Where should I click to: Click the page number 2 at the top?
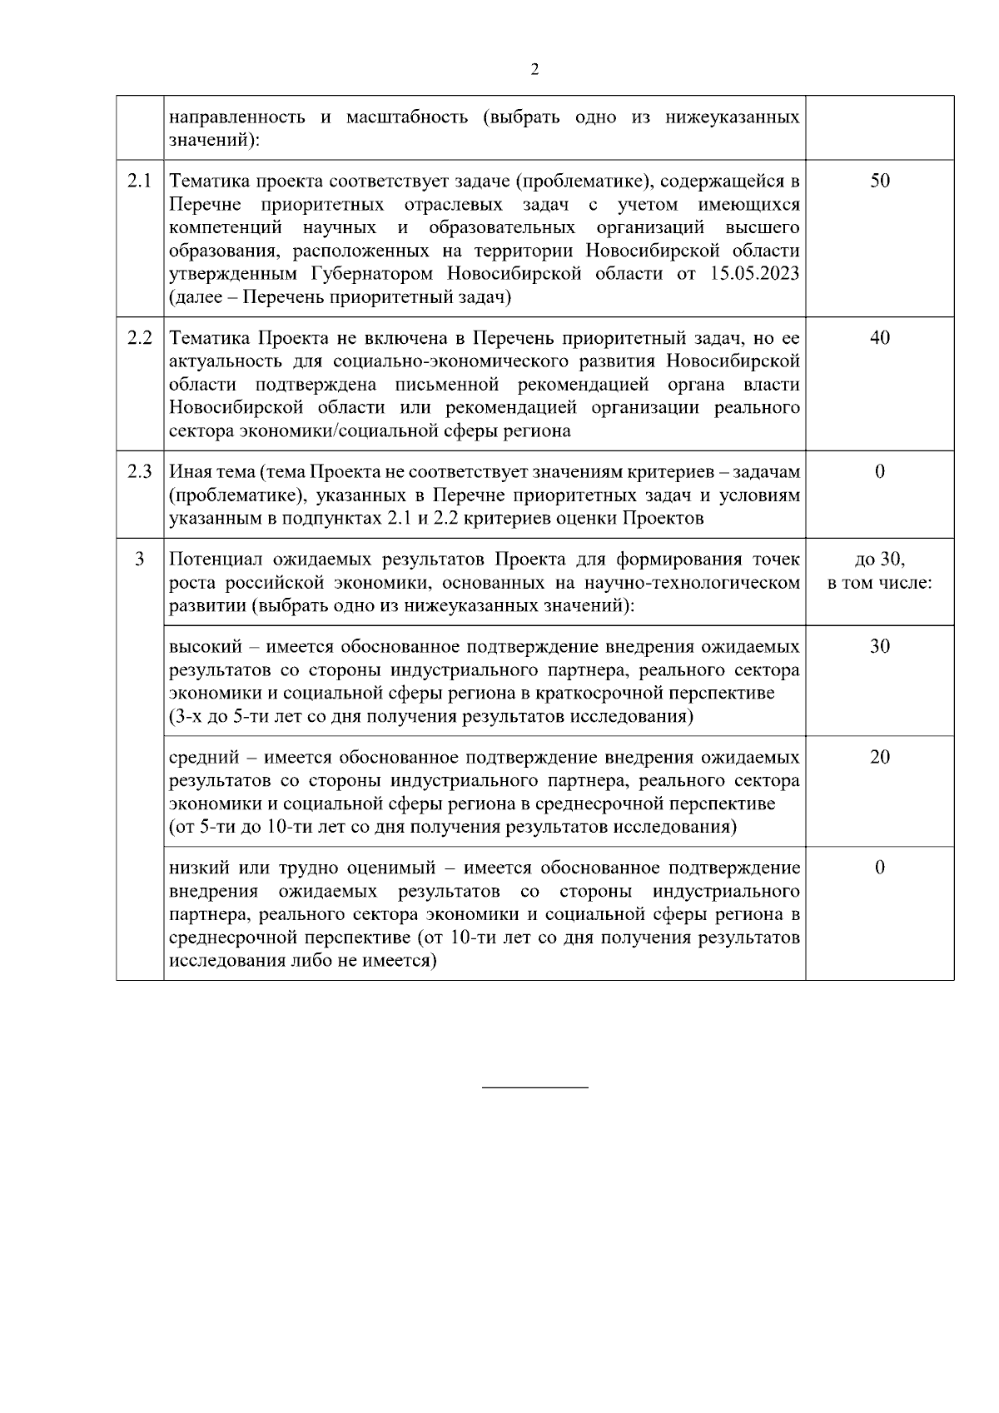[x=534, y=70]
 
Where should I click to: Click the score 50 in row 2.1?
[x=879, y=181]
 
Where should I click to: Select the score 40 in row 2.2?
[x=879, y=337]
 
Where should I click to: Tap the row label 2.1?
[x=140, y=181]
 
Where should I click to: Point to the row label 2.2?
[x=140, y=337]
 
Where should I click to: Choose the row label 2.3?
[x=140, y=472]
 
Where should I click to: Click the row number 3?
[x=139, y=559]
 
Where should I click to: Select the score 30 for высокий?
[x=879, y=646]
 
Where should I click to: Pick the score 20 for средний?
[x=879, y=757]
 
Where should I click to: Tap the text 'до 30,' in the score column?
[x=879, y=559]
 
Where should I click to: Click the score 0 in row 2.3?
[x=879, y=472]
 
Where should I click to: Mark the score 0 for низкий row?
[x=879, y=868]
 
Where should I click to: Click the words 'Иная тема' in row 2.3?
[x=211, y=472]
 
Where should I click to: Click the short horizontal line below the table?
[x=534, y=1087]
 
